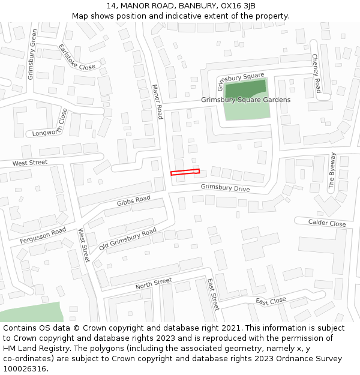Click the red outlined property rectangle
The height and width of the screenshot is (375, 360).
[x=185, y=172]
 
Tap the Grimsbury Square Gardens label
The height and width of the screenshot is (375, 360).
[x=245, y=100]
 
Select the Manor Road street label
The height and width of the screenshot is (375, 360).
[x=157, y=101]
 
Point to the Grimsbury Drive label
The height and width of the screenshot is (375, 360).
[x=225, y=188]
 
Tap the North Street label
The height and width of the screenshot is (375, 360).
[x=154, y=284]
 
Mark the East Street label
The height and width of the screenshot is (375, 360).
[x=213, y=293]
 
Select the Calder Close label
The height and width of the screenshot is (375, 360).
[x=327, y=223]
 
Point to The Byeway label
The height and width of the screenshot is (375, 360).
[x=333, y=171]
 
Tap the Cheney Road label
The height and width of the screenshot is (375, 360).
[x=316, y=69]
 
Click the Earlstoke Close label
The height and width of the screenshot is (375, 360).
[x=77, y=56]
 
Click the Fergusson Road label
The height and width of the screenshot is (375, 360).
[x=43, y=235]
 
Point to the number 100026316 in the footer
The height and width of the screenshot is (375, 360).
[x=25, y=368]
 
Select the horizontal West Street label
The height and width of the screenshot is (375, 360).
[x=29, y=163]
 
